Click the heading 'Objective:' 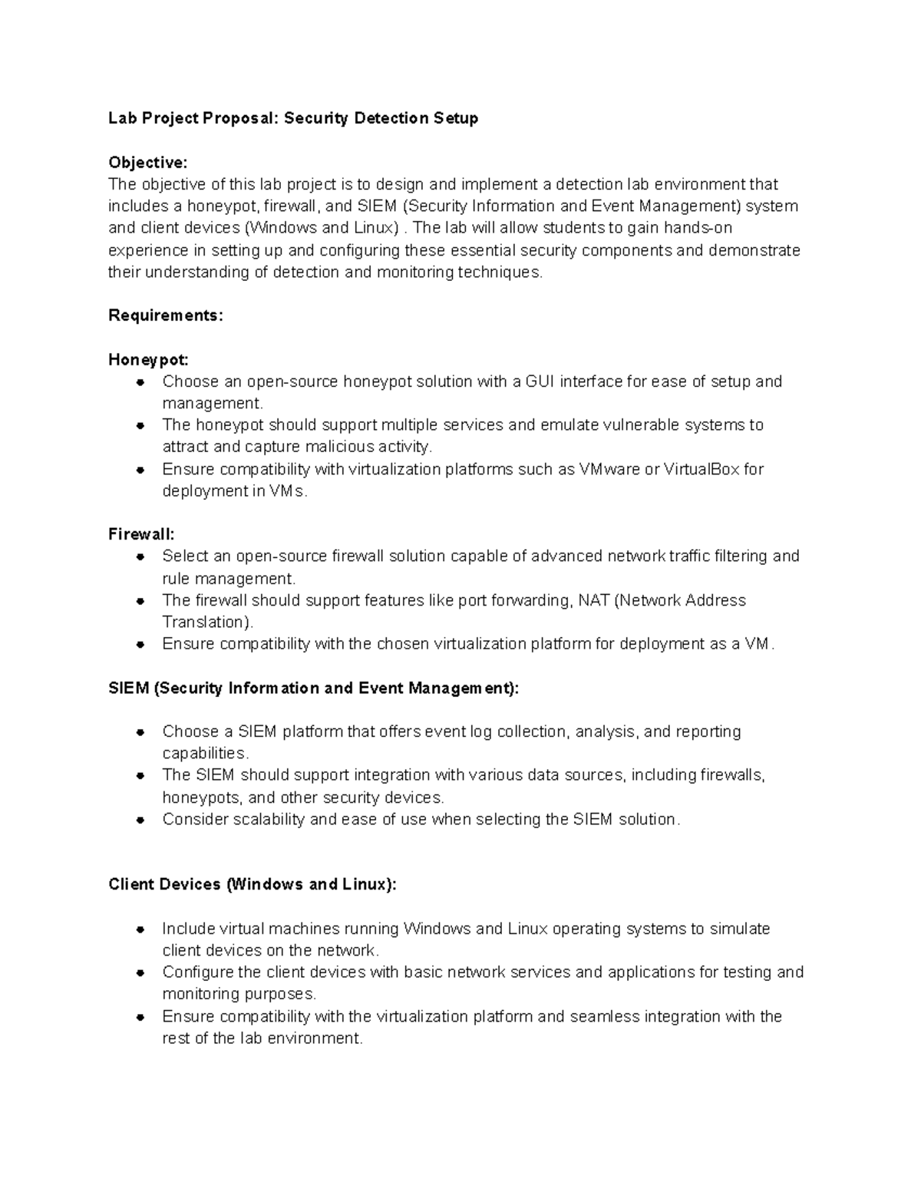pos(147,163)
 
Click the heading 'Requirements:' pos(166,315)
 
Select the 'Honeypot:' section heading pos(148,360)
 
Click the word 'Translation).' pos(207,622)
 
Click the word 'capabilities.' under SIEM pos(206,753)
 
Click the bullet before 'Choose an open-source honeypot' pos(140,382)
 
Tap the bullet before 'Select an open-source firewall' pos(140,556)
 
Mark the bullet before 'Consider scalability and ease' pos(140,820)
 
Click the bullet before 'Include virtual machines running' pos(140,929)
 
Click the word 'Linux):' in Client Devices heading pos(372,884)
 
